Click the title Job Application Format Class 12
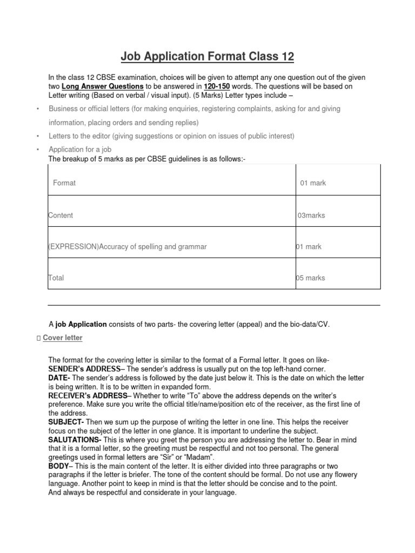[x=207, y=56]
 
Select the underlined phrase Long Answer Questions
[x=103, y=86]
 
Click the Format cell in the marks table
[x=64, y=183]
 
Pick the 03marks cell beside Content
[x=311, y=215]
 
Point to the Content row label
[x=61, y=215]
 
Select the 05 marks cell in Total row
[x=311, y=278]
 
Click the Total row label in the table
[x=56, y=278]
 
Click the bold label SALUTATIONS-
[x=74, y=440]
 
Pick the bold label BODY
[x=58, y=466]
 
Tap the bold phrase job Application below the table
[x=81, y=324]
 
